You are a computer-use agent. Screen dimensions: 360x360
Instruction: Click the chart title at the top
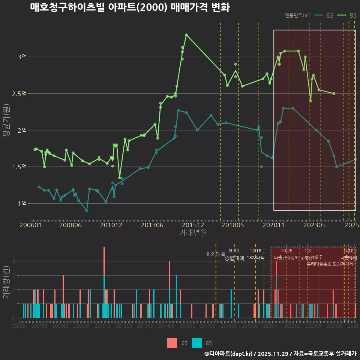coord(130,7)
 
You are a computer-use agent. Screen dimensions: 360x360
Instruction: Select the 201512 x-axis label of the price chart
coord(193,225)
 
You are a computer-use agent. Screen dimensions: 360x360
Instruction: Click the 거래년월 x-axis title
coord(193,233)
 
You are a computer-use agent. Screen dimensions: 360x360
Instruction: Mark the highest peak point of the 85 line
coord(186,35)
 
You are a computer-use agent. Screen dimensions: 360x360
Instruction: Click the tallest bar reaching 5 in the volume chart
coord(104,262)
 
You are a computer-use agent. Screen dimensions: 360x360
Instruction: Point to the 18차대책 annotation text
coord(255,258)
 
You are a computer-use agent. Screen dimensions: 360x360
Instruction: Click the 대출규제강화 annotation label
coord(286,258)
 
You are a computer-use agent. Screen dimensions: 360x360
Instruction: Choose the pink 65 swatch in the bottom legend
coord(172,343)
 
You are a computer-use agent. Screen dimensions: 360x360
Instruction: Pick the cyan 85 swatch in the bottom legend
coord(197,343)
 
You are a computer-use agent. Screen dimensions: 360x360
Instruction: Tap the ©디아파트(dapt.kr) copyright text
coord(229,354)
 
